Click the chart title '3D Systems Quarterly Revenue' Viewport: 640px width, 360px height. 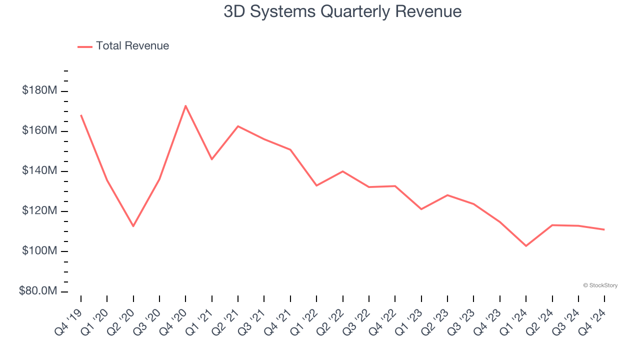click(x=342, y=11)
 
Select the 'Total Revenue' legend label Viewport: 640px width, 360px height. click(x=132, y=46)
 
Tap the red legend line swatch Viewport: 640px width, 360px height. click(x=85, y=46)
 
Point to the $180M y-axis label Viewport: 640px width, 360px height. click(x=39, y=90)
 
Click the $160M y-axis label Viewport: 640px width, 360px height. click(x=39, y=130)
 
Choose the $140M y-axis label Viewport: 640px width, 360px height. click(x=39, y=171)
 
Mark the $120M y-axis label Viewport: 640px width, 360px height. click(x=39, y=211)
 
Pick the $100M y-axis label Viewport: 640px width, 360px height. click(x=39, y=251)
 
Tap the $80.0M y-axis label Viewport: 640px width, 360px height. click(x=38, y=291)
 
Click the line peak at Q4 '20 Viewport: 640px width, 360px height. click(x=185, y=105)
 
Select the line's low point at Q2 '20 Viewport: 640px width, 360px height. click(x=133, y=226)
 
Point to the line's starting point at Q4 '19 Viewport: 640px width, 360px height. click(x=81, y=115)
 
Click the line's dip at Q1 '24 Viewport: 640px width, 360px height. click(x=526, y=245)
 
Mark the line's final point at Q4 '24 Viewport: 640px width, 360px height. click(x=604, y=229)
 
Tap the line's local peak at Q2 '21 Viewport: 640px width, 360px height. click(x=238, y=126)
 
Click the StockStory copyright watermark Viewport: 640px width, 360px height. click(x=600, y=285)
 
